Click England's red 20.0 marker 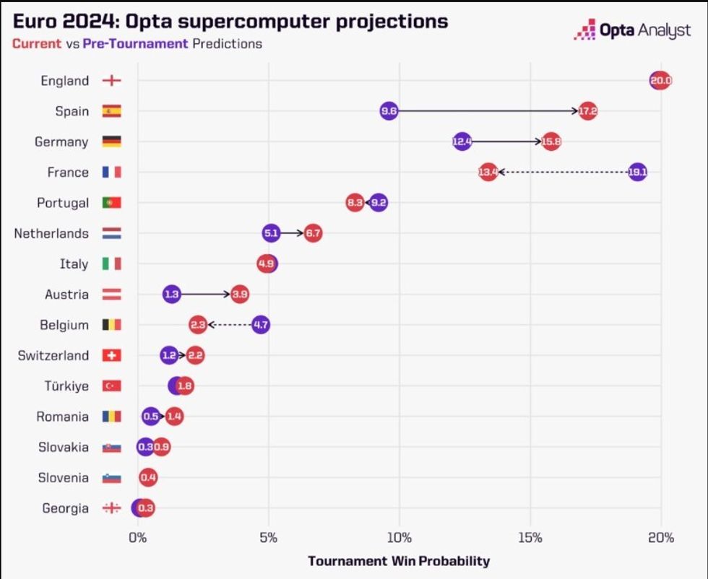pyautogui.click(x=660, y=81)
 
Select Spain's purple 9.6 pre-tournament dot pyautogui.click(x=389, y=111)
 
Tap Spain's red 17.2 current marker pyautogui.click(x=588, y=111)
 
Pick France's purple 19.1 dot pyautogui.click(x=637, y=173)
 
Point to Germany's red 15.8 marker pyautogui.click(x=551, y=142)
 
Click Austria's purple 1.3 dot pyautogui.click(x=171, y=295)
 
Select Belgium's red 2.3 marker pyautogui.click(x=199, y=325)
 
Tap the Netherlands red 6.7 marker pyautogui.click(x=313, y=233)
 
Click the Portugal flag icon pyautogui.click(x=112, y=203)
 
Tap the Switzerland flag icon pyautogui.click(x=112, y=355)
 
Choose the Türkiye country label pyautogui.click(x=66, y=386)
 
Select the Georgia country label pyautogui.click(x=64, y=508)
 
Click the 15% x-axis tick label pyautogui.click(x=530, y=537)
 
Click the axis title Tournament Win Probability pyautogui.click(x=399, y=561)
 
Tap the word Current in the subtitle pyautogui.click(x=37, y=43)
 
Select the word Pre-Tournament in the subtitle pyautogui.click(x=135, y=43)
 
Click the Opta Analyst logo pyautogui.click(x=632, y=31)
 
